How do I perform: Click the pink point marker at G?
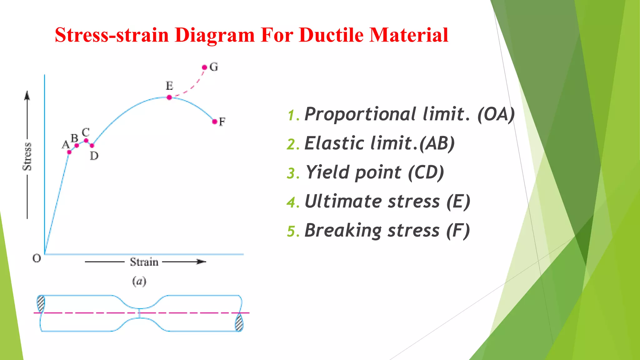click(x=205, y=67)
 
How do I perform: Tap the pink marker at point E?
click(x=169, y=97)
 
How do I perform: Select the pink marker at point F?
click(x=215, y=122)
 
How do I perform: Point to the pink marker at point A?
click(x=69, y=152)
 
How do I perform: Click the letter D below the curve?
click(x=94, y=156)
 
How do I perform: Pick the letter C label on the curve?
click(x=86, y=132)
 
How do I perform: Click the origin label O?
click(x=37, y=258)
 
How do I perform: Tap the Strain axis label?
click(x=144, y=262)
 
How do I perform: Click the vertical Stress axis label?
click(x=27, y=156)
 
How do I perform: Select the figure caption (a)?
click(x=139, y=281)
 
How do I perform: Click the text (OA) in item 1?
click(x=496, y=114)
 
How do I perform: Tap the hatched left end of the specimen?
click(x=41, y=303)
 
